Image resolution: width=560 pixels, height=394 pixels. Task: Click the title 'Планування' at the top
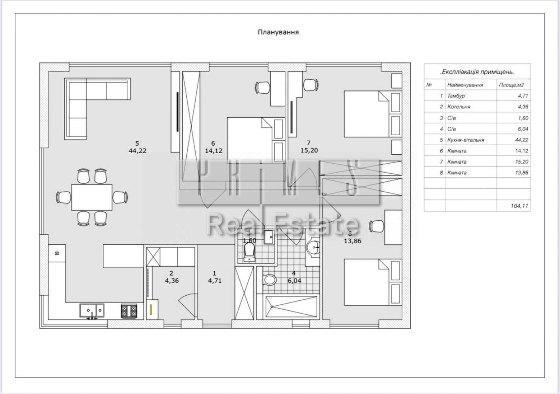278,32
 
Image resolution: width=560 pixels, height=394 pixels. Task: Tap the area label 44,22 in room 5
137,150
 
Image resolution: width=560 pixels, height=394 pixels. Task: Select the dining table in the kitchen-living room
92,197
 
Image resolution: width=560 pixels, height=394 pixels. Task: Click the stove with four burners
129,311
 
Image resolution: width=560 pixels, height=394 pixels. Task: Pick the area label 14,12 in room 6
213,151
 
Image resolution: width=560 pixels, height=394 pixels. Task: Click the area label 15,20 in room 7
309,150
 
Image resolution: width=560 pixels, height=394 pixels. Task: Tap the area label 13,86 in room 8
352,241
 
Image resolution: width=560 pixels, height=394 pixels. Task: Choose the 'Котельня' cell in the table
459,107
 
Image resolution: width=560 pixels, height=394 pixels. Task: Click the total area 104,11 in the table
519,206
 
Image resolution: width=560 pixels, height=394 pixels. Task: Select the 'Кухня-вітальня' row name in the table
466,140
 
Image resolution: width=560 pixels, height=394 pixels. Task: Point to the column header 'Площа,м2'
511,85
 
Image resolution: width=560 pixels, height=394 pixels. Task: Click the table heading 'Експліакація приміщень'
477,72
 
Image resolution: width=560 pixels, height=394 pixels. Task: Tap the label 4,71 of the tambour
214,280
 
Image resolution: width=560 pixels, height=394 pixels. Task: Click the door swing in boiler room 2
187,302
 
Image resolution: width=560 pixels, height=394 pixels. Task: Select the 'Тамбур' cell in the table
456,96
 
